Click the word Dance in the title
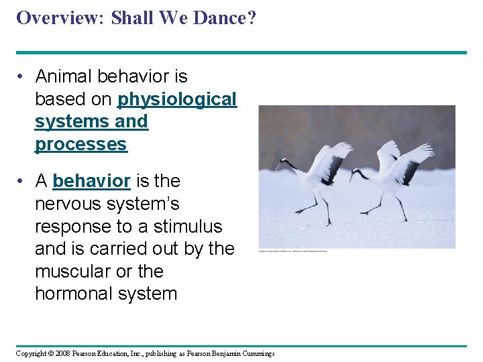click(x=221, y=18)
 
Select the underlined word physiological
click(x=177, y=99)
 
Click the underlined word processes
click(x=80, y=144)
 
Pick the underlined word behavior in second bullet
click(x=91, y=181)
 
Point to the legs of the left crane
click(x=321, y=206)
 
